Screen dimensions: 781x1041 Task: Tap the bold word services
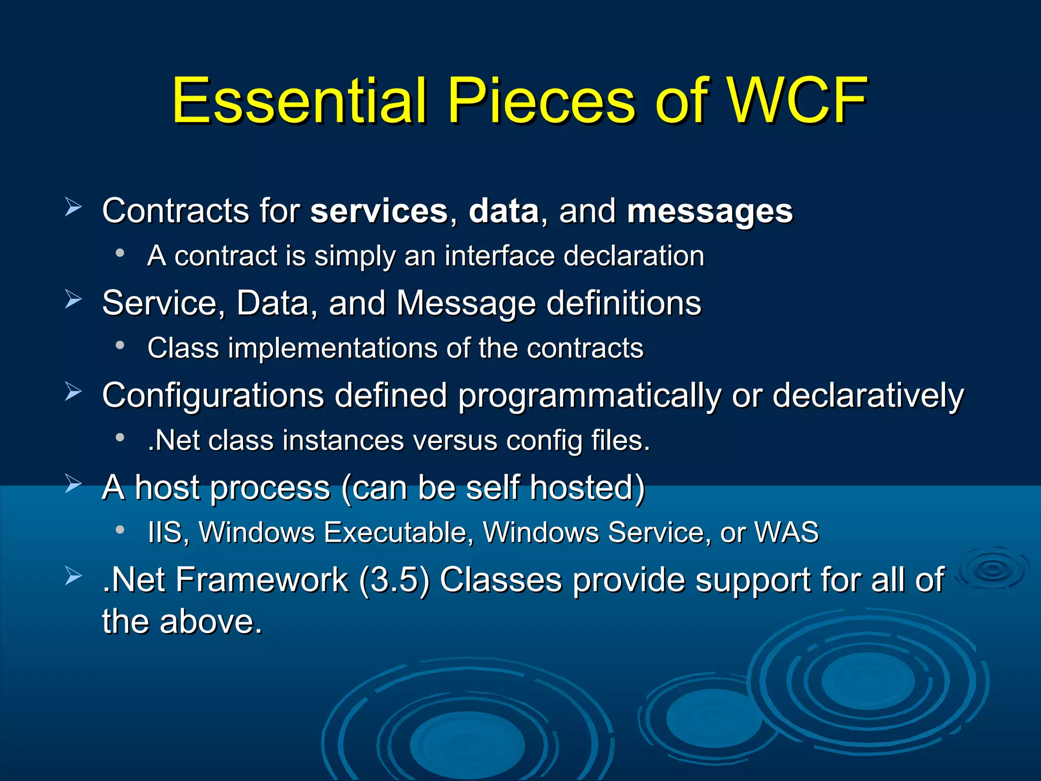379,211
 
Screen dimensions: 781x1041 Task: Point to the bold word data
503,211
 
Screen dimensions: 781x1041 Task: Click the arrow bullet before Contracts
73,207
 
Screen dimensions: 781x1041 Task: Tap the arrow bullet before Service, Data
73,299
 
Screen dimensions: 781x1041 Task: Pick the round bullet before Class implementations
120,345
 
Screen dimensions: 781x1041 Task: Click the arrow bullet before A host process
73,484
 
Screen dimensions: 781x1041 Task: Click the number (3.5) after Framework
394,580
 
